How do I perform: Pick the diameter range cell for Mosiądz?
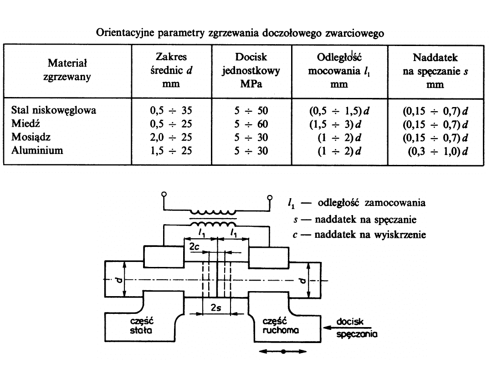[171, 137]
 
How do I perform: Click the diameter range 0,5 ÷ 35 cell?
[171, 110]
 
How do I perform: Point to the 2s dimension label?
[217, 307]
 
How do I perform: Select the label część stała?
[140, 326]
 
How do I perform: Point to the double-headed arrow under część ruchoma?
[283, 351]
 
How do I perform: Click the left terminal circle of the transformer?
[163, 195]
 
